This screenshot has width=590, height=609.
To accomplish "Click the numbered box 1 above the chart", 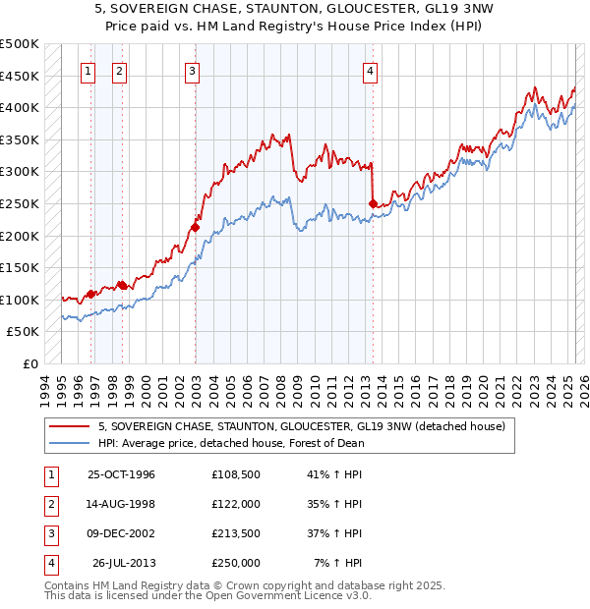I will point(88,71).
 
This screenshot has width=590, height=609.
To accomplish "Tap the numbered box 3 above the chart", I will point(191,71).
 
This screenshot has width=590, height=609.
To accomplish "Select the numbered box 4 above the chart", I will point(370,71).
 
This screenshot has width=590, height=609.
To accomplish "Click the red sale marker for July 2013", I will point(373,203).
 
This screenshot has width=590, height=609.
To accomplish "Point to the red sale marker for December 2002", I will point(195,227).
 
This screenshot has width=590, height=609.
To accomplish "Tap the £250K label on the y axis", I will point(20,203).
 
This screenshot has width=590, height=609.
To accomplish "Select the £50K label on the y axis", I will point(24,332).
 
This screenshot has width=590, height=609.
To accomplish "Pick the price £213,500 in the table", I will point(235,533).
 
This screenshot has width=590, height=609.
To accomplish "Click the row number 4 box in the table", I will point(49,563).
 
